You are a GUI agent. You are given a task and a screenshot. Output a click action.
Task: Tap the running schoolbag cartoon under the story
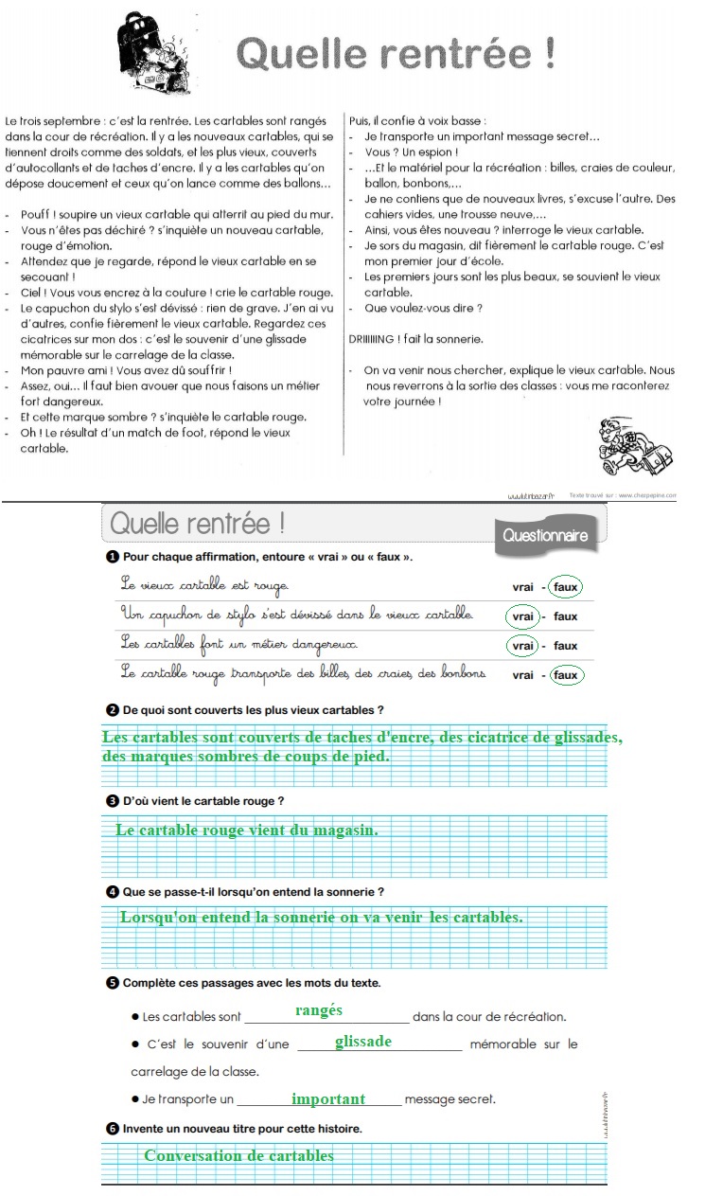[636, 447]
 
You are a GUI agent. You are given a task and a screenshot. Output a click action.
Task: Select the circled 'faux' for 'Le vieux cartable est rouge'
[565, 587]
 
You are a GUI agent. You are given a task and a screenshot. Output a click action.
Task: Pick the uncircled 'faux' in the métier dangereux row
[565, 646]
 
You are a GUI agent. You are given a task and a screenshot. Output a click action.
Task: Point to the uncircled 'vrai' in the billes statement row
[522, 675]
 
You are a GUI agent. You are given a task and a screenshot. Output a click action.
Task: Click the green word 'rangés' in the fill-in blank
[319, 1010]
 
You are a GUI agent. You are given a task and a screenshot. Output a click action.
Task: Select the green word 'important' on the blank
[328, 1098]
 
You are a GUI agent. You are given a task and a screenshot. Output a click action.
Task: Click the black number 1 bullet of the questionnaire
[113, 556]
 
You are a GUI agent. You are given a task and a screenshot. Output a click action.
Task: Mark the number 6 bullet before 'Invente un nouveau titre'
[113, 1128]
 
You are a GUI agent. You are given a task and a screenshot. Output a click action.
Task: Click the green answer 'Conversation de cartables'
[238, 1155]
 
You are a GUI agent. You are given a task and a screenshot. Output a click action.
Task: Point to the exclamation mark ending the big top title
[549, 53]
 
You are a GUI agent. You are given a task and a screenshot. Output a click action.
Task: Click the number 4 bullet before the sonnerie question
[113, 891]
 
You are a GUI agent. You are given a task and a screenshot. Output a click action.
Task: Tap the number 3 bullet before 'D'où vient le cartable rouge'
[113, 801]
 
